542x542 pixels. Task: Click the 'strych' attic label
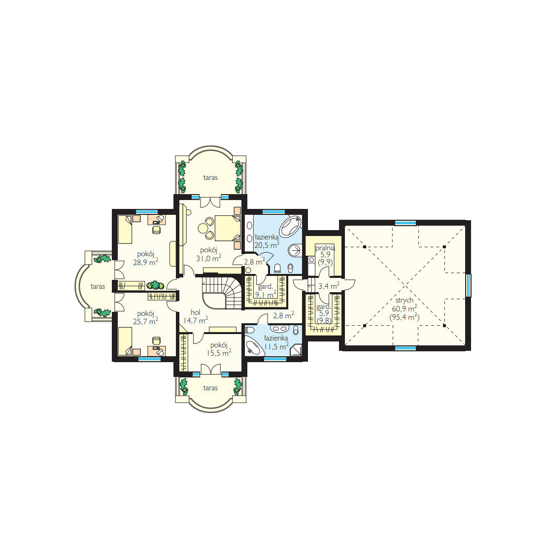tap(404, 301)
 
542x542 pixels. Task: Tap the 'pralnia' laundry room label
tap(325, 248)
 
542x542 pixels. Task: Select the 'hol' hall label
tap(195, 312)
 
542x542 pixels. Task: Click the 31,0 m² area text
tap(208, 258)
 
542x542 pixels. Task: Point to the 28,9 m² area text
tap(145, 262)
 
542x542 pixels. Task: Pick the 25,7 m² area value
tap(145, 321)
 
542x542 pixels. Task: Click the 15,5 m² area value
tap(219, 353)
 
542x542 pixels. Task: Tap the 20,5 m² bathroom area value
tap(267, 245)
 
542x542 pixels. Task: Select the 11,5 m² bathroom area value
tap(276, 346)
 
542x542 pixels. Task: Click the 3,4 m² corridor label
tap(329, 286)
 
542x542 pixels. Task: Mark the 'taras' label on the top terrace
tap(210, 178)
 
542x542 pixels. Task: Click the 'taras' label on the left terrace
tap(98, 287)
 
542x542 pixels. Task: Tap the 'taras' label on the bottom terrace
tap(210, 388)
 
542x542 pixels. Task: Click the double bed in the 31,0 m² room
tap(228, 228)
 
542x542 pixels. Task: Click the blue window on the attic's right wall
tap(468, 285)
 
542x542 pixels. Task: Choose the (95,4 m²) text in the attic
tap(405, 317)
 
